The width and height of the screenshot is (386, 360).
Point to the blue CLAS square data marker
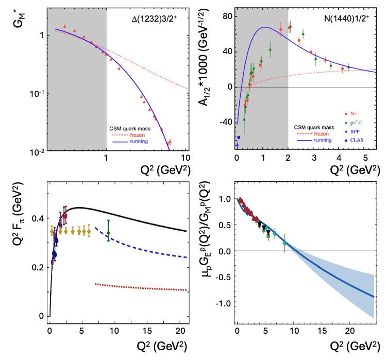239,138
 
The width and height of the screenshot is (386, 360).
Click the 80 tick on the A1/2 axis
225,16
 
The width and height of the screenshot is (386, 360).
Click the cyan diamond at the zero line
285,243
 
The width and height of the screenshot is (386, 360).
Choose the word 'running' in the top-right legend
323,140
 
